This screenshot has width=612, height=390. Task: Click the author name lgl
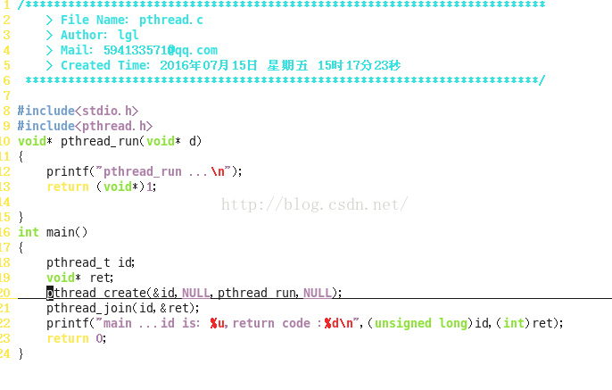pos(128,35)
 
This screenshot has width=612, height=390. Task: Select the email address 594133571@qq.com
pos(161,50)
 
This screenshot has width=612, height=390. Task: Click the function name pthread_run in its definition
pos(100,141)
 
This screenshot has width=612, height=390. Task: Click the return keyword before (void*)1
pos(68,187)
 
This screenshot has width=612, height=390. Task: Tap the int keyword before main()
pos(29,232)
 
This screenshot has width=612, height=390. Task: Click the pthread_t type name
pos(79,262)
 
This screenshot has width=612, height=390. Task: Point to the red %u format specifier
pos(218,323)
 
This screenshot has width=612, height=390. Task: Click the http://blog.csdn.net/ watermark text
pos(314,204)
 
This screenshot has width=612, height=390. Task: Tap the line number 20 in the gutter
pos(5,293)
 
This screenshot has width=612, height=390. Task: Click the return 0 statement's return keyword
pos(68,338)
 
